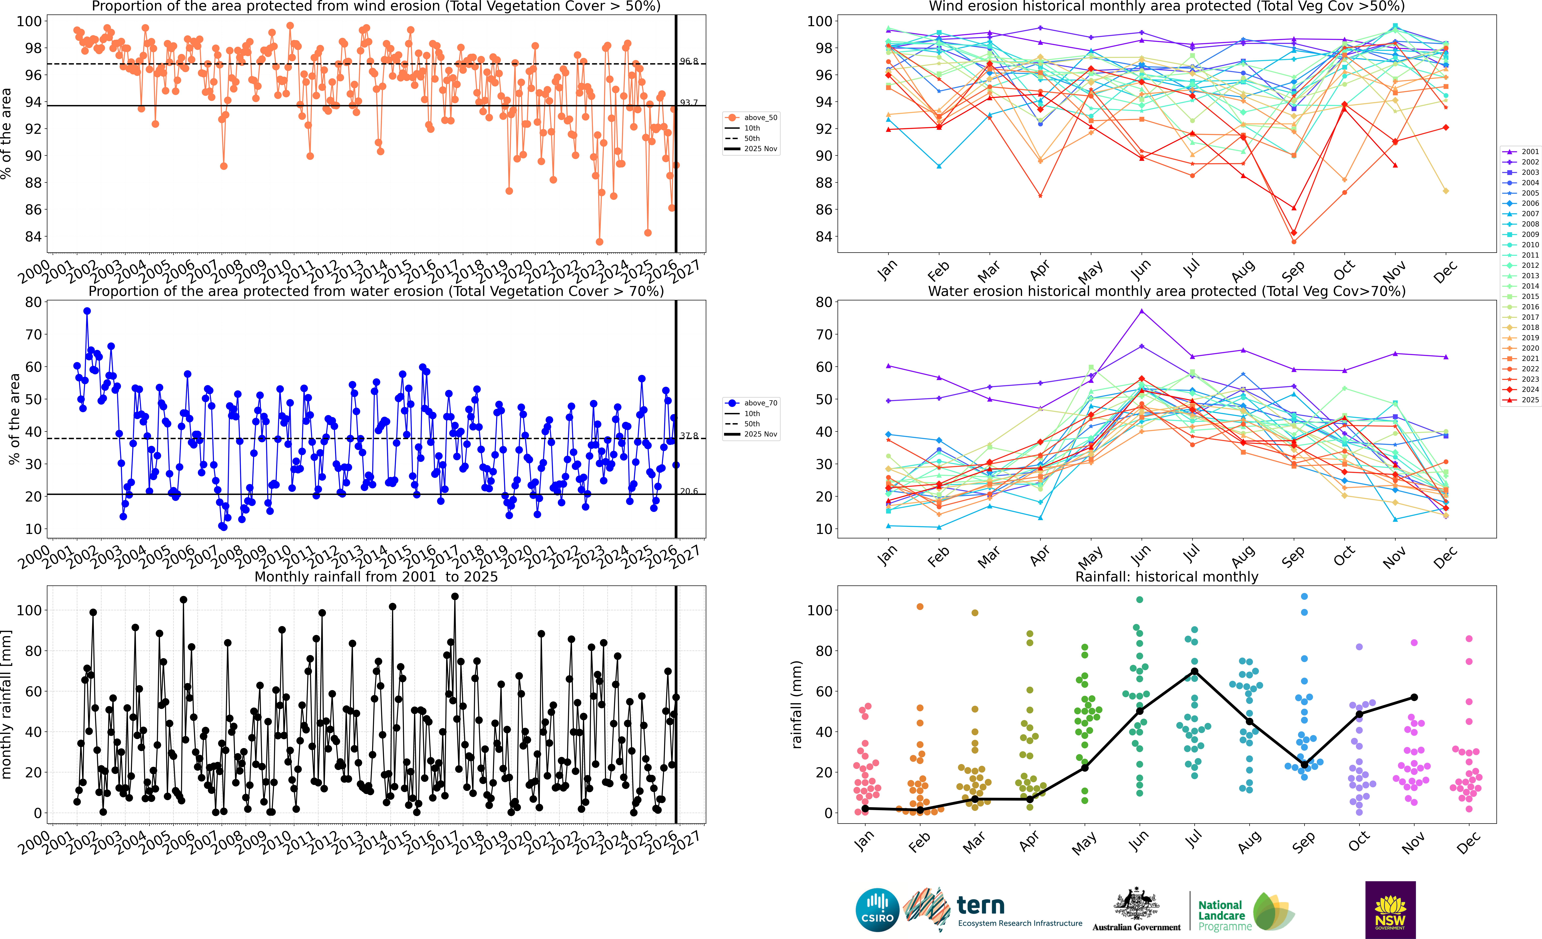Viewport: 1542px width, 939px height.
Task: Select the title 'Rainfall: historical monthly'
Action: point(1167,577)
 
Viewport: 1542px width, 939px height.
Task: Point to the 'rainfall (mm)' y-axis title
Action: point(797,704)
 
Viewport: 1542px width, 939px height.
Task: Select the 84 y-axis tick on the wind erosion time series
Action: point(33,237)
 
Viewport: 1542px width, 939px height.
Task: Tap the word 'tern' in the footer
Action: point(981,905)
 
